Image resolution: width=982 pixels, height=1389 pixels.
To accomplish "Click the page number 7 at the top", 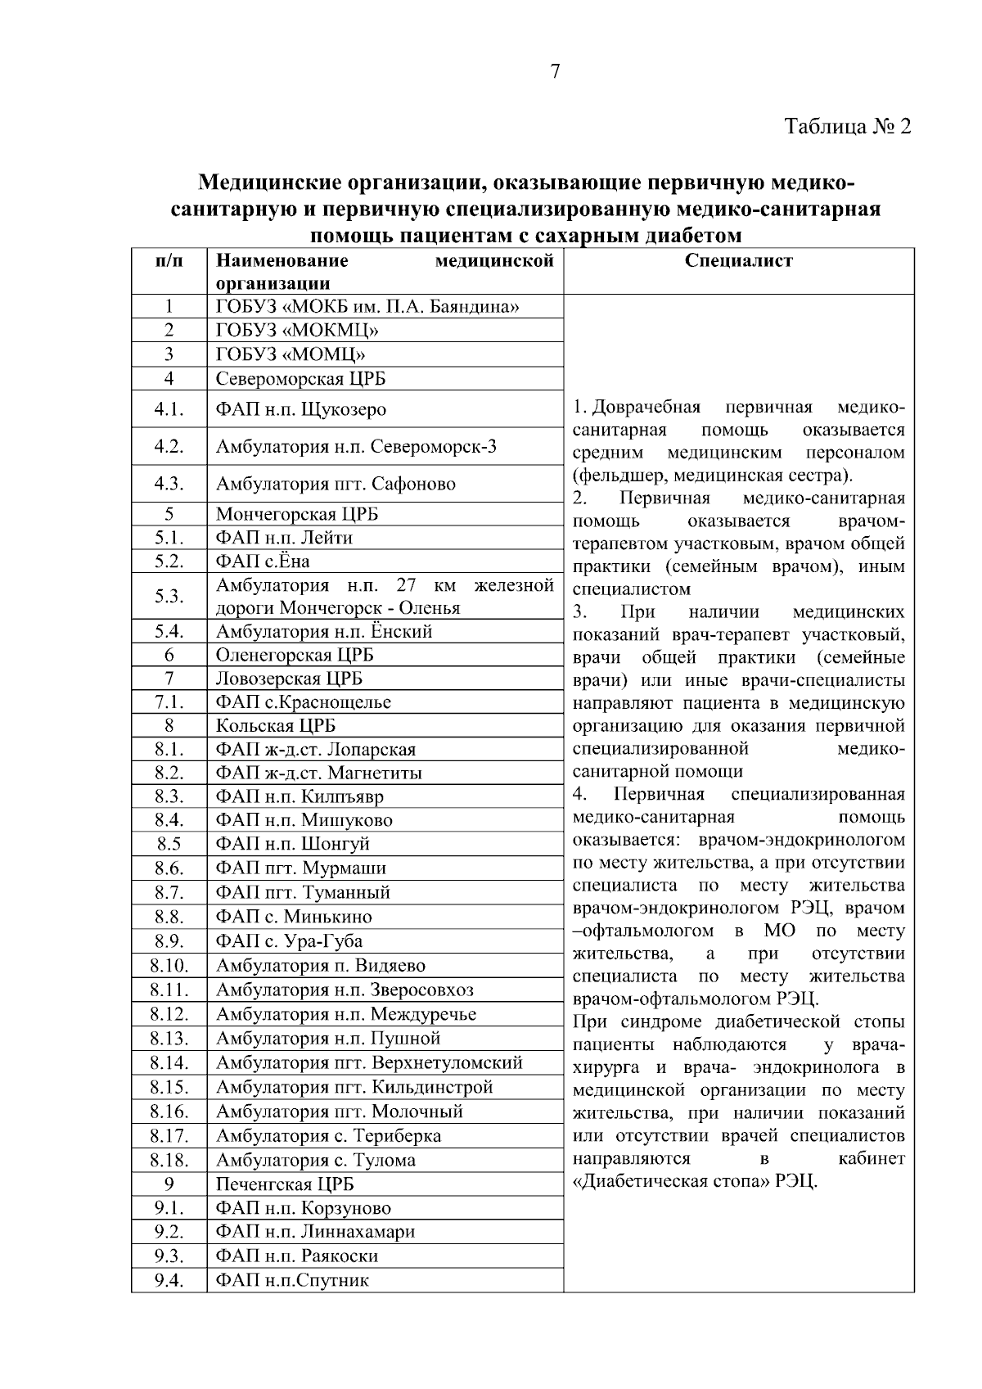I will (x=556, y=72).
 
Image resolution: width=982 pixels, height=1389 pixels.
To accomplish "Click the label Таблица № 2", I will (x=847, y=127).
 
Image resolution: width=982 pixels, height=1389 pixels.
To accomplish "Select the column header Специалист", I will (x=738, y=261).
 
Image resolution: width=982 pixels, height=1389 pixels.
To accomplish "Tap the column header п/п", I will (x=169, y=261).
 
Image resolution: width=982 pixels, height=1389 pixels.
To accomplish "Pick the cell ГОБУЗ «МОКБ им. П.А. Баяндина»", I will (x=367, y=307).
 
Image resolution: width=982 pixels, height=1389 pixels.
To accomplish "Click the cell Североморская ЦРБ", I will (x=300, y=379).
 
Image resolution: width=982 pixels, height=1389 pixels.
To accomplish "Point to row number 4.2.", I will (x=169, y=447).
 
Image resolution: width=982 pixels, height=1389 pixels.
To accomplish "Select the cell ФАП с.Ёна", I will (x=263, y=561).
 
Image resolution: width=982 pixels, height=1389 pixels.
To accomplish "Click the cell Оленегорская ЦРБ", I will (x=295, y=655).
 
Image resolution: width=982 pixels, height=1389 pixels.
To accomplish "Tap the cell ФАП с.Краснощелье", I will (x=304, y=702).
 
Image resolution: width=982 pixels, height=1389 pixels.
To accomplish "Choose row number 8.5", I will (x=169, y=844).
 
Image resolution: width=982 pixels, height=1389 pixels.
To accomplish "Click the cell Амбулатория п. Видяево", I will (x=320, y=966).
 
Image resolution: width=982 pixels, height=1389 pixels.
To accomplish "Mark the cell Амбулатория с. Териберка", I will (x=328, y=1136).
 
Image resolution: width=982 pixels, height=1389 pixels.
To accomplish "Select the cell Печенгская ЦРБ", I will (x=285, y=1184).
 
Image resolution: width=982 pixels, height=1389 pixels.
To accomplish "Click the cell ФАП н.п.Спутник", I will (x=292, y=1280).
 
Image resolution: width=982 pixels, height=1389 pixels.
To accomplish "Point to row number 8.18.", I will (x=169, y=1160).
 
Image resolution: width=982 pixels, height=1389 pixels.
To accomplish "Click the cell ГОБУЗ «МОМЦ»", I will (x=291, y=354).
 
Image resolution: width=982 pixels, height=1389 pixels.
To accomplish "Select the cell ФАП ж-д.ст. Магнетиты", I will (x=319, y=773).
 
